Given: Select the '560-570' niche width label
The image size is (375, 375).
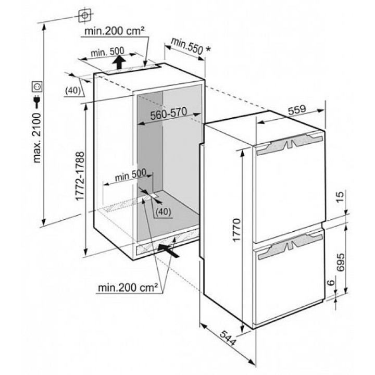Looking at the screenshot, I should [x=169, y=116].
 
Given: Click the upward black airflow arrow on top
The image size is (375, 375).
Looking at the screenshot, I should [x=120, y=64].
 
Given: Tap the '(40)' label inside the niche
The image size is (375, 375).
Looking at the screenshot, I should [x=164, y=211].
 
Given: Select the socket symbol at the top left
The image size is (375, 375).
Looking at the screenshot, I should [x=83, y=16].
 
